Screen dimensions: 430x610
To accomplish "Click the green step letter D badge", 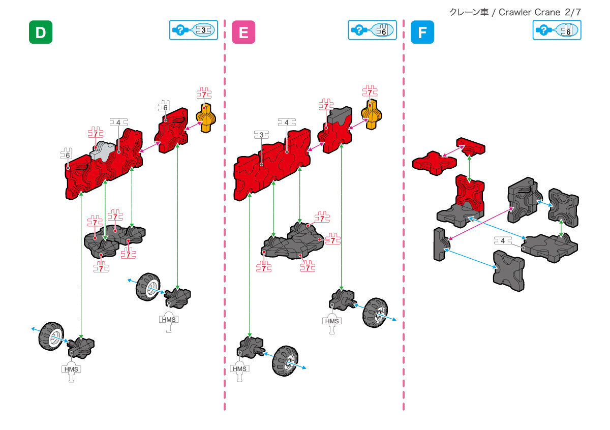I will pyautogui.click(x=40, y=32).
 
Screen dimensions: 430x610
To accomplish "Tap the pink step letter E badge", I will pyautogui.click(x=243, y=32).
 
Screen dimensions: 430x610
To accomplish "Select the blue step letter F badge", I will pyautogui.click(x=422, y=32).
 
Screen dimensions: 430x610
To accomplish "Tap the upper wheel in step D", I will pyautogui.click(x=148, y=288).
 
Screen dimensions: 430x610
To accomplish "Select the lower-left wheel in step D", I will pyautogui.click(x=52, y=336).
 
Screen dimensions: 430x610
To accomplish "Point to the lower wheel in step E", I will pyautogui.click(x=285, y=361).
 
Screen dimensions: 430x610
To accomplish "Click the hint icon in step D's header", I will pyautogui.click(x=180, y=30).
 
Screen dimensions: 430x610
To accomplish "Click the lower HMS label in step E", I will pyautogui.click(x=239, y=368).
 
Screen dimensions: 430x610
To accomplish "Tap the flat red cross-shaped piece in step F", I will pyautogui.click(x=434, y=162).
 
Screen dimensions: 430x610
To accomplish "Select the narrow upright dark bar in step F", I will pyautogui.click(x=440, y=244).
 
